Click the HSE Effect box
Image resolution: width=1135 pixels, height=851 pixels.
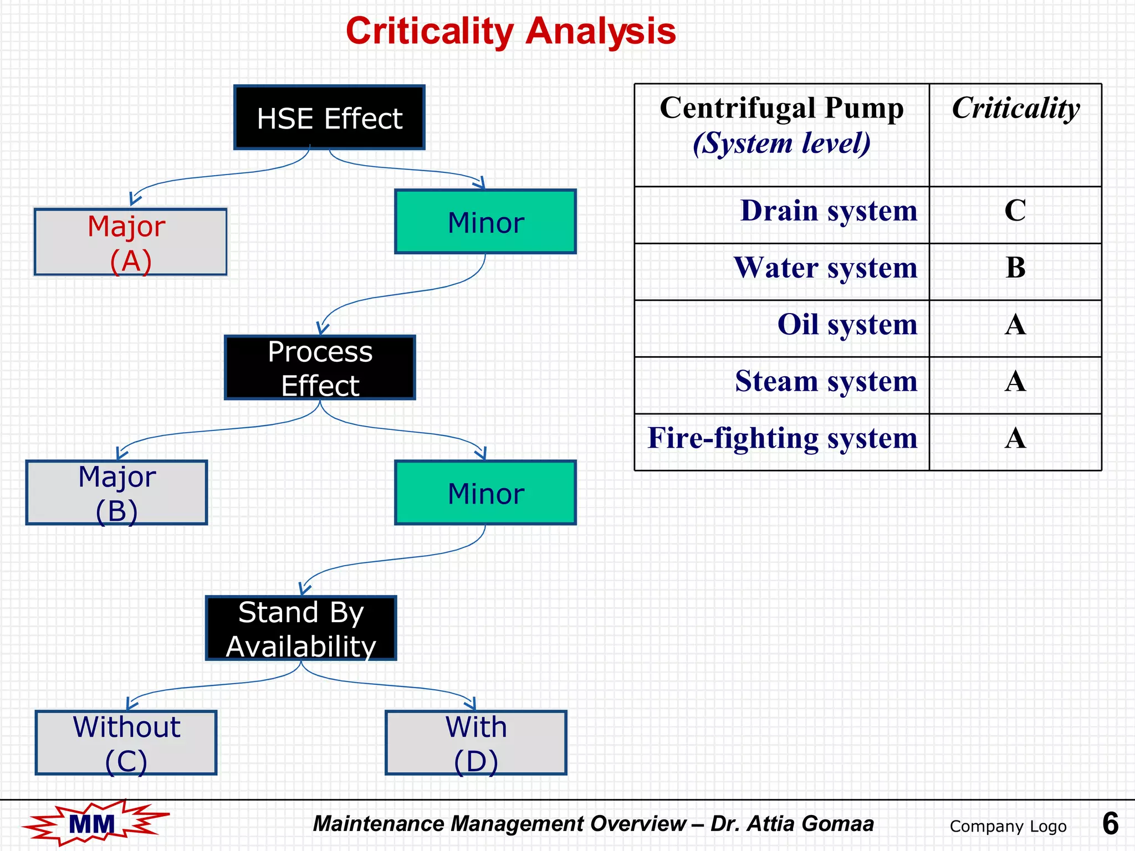[x=329, y=117]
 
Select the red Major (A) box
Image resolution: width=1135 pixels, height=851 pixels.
[x=130, y=242]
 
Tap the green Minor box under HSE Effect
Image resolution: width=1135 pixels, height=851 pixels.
[x=485, y=222]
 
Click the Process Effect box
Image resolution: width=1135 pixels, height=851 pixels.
[x=320, y=367]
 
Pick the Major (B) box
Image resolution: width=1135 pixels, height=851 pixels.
[x=116, y=493]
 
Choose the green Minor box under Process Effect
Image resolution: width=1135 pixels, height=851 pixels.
[x=485, y=493]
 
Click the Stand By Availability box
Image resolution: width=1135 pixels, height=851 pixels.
[x=301, y=628]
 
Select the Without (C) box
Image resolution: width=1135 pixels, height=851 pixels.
[x=126, y=742]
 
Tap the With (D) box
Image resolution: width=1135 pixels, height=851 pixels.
[x=476, y=742]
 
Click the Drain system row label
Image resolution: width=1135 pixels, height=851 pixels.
[x=829, y=211]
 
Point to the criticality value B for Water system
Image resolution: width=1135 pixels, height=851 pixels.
[x=1015, y=268]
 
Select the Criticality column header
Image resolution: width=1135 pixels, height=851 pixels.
[x=1015, y=108]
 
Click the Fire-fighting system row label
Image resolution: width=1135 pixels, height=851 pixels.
[x=782, y=438]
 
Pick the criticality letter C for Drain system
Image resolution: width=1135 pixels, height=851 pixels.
[x=1015, y=211]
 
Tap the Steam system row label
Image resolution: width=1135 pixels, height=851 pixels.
[x=826, y=381]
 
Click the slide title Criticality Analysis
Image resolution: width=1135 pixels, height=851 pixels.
[x=510, y=31]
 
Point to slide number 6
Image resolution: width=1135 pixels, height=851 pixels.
[x=1110, y=823]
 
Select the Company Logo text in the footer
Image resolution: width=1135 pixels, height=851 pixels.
[x=1008, y=826]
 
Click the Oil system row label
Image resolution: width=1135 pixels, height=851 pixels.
[x=847, y=325]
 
